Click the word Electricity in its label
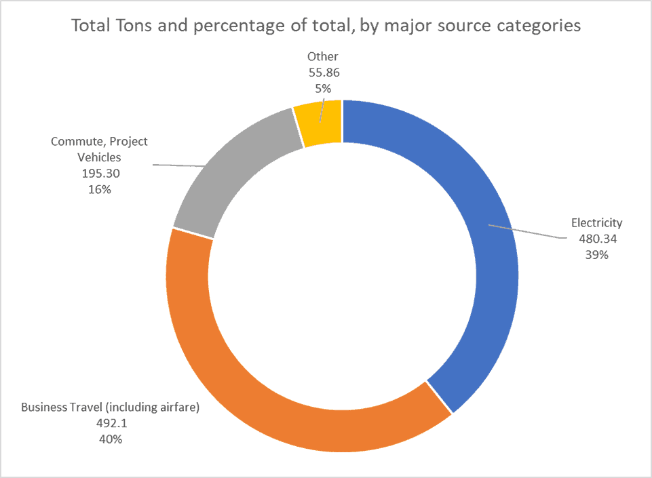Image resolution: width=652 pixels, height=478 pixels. coord(597,222)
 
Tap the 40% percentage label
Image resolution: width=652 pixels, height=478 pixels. coord(110,439)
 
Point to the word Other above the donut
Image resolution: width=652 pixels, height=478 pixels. coord(322,57)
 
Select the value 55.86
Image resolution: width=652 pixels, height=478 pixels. coord(322,73)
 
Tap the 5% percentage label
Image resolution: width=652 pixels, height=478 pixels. coord(322,88)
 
